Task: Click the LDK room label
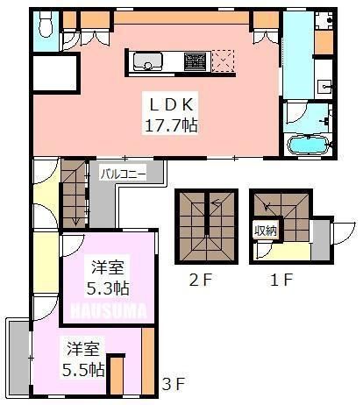(171, 104)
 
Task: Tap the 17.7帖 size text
(171, 125)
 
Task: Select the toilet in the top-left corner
(46, 25)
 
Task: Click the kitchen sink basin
(147, 61)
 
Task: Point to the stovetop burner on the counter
(194, 61)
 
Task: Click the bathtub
(309, 145)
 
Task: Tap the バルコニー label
(123, 174)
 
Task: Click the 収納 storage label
(265, 231)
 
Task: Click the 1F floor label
(281, 280)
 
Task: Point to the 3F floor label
(174, 384)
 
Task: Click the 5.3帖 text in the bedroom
(108, 288)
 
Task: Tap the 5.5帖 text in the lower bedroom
(83, 370)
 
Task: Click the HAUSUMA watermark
(109, 311)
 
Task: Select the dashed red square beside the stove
(224, 61)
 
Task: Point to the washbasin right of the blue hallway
(324, 87)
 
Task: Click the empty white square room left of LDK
(55, 73)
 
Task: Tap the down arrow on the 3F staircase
(75, 221)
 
